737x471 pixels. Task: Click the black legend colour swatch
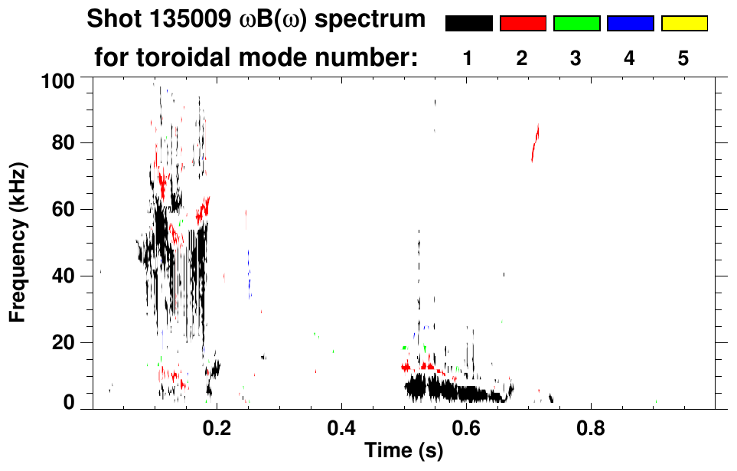pos(468,24)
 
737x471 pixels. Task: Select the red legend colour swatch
pos(523,24)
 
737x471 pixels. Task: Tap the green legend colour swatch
pos(576,24)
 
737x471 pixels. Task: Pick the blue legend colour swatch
pos(630,24)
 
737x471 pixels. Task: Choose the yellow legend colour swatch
pos(683,24)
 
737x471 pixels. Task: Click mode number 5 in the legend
pos(683,58)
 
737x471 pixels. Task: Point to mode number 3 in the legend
pos(576,58)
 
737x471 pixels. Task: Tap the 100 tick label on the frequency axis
pos(59,79)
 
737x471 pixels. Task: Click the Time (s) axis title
pos(403,451)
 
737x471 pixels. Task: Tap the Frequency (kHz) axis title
pos(19,242)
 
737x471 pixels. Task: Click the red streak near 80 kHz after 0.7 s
pos(536,143)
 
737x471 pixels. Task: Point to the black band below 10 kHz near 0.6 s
pos(459,391)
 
